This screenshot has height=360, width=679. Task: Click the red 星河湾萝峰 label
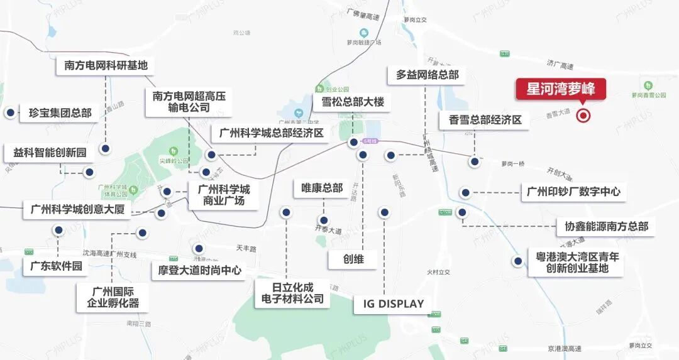point(561,89)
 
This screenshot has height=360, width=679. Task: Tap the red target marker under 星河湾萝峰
point(584,115)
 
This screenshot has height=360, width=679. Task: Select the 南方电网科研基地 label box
point(106,65)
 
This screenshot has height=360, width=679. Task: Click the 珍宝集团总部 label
point(60,114)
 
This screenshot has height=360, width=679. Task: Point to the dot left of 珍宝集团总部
point(10,113)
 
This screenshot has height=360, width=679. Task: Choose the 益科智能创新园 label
point(50,153)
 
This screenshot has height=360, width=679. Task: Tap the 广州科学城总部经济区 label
point(271,133)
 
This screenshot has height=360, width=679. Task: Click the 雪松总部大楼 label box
point(352,102)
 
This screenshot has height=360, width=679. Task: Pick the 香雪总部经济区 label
point(485,119)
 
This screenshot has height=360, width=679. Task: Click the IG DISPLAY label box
point(394,304)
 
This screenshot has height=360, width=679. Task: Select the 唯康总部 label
point(322,188)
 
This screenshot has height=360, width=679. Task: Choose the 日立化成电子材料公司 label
point(293,293)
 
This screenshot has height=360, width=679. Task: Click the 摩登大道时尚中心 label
point(197,271)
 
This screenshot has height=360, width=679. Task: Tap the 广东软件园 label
point(57,266)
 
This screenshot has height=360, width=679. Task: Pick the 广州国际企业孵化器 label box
point(113,297)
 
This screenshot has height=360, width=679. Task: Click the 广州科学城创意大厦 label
point(77,209)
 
